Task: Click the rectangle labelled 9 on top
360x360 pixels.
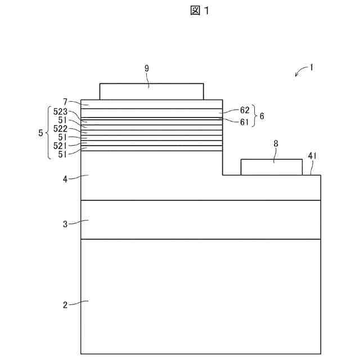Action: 151,91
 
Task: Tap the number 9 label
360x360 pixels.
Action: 147,68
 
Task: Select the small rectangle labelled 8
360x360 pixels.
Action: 271,167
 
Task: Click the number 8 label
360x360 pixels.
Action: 276,144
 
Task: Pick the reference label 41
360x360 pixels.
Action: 313,155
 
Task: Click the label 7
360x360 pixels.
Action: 66,102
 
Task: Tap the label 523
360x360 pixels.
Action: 61,111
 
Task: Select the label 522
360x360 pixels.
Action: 61,129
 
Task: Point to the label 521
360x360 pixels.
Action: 61,146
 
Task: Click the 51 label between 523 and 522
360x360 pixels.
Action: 63,120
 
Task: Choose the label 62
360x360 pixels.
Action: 245,110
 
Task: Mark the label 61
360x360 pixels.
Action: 245,121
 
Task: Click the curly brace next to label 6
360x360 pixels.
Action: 254,116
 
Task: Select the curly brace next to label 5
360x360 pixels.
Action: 48,133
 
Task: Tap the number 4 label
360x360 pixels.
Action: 65,179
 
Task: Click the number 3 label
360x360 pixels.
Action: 65,224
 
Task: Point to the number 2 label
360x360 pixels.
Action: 65,305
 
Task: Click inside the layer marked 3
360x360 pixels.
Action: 201,220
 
